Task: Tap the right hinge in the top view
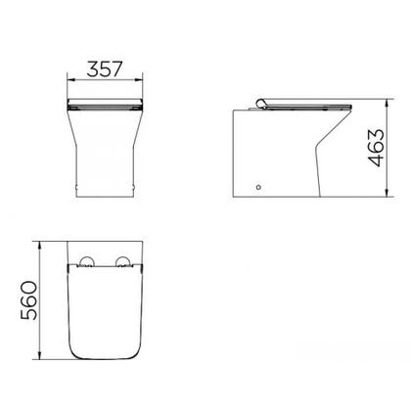(125, 261)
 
